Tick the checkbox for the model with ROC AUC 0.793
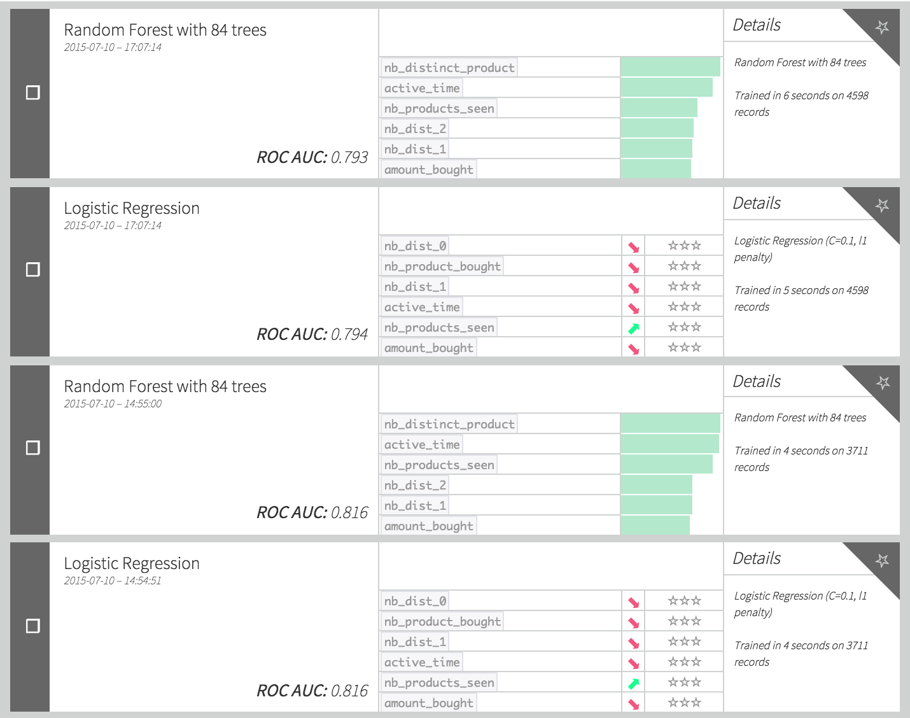click(x=32, y=93)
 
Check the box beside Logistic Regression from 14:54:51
click(x=32, y=626)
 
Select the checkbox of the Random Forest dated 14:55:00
click(x=32, y=447)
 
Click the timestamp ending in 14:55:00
click(x=113, y=404)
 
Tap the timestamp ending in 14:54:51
click(x=113, y=581)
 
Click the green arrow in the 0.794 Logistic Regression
click(x=633, y=328)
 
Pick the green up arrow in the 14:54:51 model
click(x=633, y=684)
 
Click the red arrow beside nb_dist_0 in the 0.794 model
click(x=633, y=247)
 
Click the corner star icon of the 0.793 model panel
click(x=882, y=27)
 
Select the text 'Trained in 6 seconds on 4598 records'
click(x=801, y=104)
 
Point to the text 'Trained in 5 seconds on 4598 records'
click(x=801, y=299)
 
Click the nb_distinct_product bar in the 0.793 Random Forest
click(x=670, y=67)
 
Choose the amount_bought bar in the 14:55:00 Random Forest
click(x=655, y=526)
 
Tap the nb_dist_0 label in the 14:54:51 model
click(x=416, y=601)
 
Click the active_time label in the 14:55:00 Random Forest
click(x=422, y=444)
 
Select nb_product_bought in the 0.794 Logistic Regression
click(x=442, y=266)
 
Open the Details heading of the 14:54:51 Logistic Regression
click(x=757, y=558)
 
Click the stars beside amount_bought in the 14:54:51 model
click(x=684, y=703)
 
